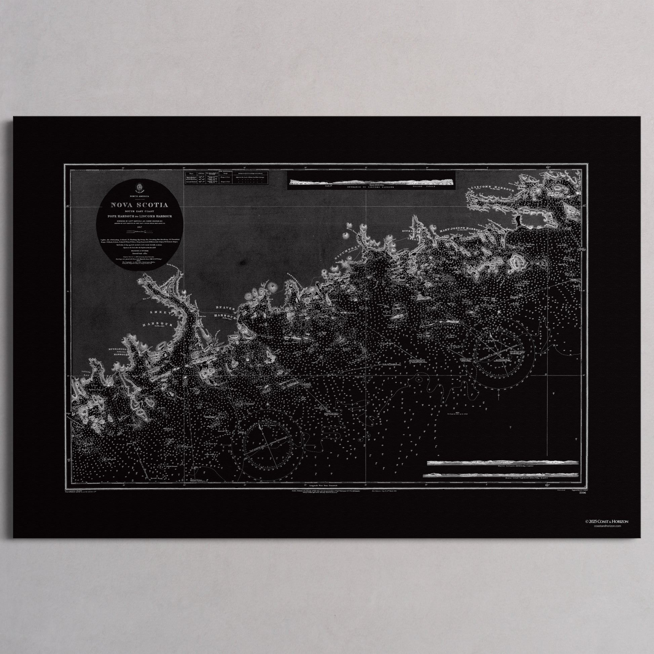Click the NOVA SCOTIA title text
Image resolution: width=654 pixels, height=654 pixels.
click(140, 205)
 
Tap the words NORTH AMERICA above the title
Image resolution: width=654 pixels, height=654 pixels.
click(140, 196)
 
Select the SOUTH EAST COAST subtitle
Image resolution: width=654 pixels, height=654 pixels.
click(140, 211)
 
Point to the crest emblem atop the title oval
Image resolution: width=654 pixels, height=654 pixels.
click(139, 187)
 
